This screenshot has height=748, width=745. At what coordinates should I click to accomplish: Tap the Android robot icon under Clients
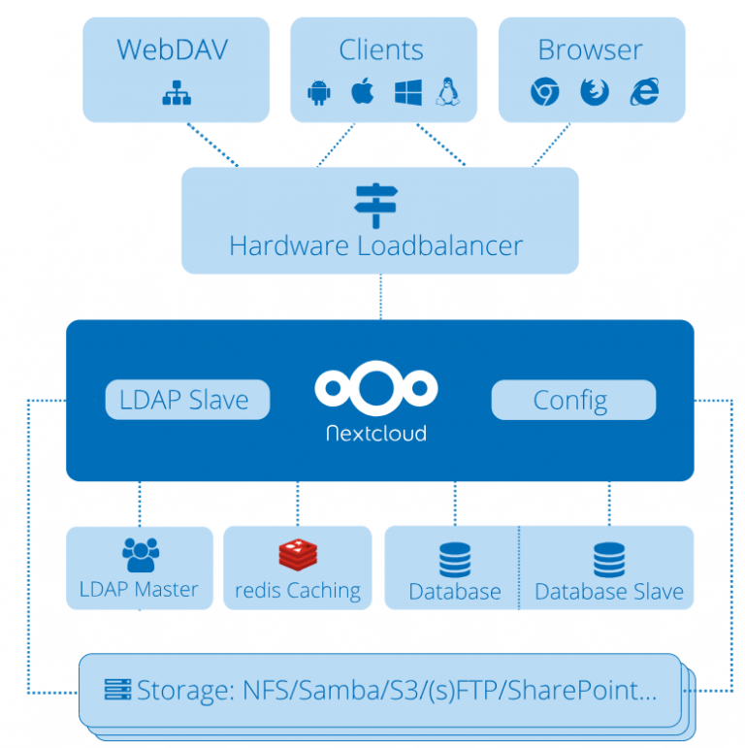click(x=318, y=92)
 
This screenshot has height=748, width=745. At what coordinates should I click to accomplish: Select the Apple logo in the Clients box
click(x=362, y=92)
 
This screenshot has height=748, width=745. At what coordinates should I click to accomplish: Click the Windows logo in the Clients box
click(x=406, y=92)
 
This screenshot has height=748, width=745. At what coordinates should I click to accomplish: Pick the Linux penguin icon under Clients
click(x=448, y=92)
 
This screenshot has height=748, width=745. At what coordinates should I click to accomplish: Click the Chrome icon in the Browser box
click(x=545, y=92)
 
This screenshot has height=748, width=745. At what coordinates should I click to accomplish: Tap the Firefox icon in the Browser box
click(x=594, y=92)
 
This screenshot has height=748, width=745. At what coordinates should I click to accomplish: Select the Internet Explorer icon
click(x=643, y=92)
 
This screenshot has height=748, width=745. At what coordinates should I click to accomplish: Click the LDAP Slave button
click(x=186, y=400)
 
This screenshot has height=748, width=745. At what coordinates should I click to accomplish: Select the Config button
click(x=572, y=400)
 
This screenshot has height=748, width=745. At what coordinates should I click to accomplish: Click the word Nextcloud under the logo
click(x=375, y=433)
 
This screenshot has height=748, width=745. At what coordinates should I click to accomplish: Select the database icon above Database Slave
click(x=609, y=559)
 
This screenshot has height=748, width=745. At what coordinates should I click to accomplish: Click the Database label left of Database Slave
click(x=455, y=591)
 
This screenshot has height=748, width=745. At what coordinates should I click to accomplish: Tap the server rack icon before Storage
click(x=117, y=690)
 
